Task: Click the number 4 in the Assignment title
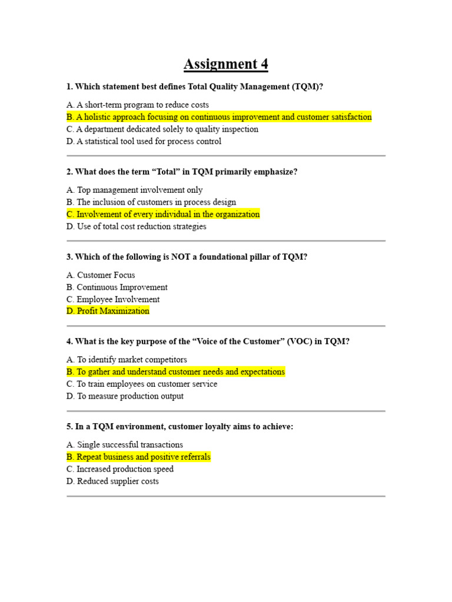pyautogui.click(x=262, y=63)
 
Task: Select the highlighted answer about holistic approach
pyautogui.click(x=219, y=117)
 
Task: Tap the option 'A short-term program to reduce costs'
pyautogui.click(x=138, y=105)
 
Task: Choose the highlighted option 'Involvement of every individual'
pyautogui.click(x=163, y=214)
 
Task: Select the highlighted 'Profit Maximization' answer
pyautogui.click(x=108, y=311)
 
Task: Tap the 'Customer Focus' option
pyautogui.click(x=101, y=275)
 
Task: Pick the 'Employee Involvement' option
pyautogui.click(x=113, y=299)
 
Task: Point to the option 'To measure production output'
pyautogui.click(x=125, y=396)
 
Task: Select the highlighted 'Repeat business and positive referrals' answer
pyautogui.click(x=138, y=457)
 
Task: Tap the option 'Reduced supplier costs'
pyautogui.click(x=112, y=481)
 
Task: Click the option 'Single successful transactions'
pyautogui.click(x=125, y=445)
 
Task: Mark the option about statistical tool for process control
pyautogui.click(x=144, y=141)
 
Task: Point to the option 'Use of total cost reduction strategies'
pyautogui.click(x=136, y=226)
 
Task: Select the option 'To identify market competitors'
pyautogui.click(x=127, y=360)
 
